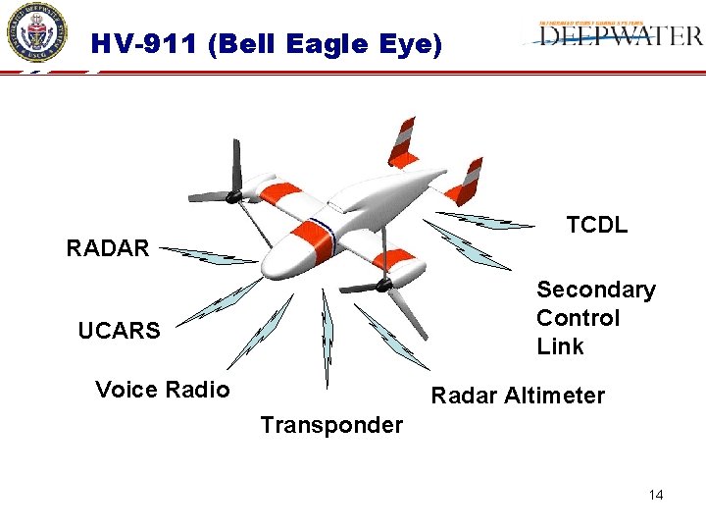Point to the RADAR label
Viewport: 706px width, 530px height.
[108, 248]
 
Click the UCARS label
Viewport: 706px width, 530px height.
[119, 331]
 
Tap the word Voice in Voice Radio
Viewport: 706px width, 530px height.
[126, 390]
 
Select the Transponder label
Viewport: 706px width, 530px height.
[331, 425]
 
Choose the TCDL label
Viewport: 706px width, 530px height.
[596, 225]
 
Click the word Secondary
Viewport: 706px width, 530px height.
[595, 290]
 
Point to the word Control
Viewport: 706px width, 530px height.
[578, 318]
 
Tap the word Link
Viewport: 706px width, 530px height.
[560, 346]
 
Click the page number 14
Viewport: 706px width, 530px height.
[656, 495]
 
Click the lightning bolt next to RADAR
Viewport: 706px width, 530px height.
[208, 255]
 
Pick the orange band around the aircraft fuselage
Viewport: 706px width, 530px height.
[312, 233]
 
